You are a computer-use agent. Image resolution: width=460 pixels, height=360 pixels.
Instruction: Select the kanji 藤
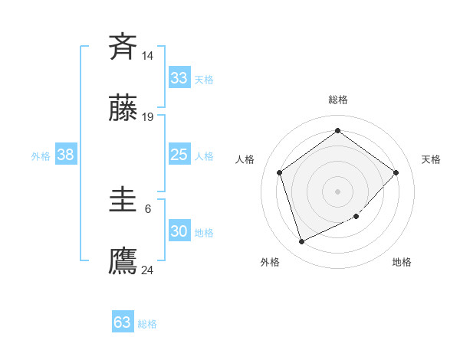click(x=123, y=110)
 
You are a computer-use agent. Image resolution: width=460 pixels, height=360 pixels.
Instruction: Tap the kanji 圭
click(x=123, y=201)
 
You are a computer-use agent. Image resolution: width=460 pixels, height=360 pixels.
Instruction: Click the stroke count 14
click(x=147, y=56)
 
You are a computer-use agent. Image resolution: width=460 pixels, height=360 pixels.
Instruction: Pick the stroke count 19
click(x=147, y=117)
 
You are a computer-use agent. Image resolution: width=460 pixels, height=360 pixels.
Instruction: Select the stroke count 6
click(x=147, y=208)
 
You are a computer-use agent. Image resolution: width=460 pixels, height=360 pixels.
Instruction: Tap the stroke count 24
click(x=147, y=270)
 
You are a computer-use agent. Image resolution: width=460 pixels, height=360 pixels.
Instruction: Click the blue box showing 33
click(x=179, y=78)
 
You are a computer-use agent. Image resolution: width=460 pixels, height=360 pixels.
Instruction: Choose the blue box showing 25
click(x=179, y=155)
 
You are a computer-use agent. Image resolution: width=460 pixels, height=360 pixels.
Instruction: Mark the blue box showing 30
click(x=179, y=231)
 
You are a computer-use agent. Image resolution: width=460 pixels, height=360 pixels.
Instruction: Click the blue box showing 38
click(x=66, y=155)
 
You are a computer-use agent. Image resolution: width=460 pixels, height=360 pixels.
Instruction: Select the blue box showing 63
click(x=123, y=322)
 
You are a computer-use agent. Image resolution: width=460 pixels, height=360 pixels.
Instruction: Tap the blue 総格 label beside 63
click(x=147, y=324)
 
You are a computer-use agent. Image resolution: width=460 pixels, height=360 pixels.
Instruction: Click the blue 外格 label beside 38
click(x=41, y=156)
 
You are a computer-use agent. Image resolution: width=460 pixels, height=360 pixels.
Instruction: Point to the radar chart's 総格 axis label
click(x=337, y=100)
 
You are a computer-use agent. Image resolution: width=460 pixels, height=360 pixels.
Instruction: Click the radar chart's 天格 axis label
click(x=431, y=159)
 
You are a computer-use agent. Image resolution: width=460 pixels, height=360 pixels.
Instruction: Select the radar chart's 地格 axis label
click(x=402, y=262)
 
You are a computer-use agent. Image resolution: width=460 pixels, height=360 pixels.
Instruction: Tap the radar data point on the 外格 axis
click(x=301, y=242)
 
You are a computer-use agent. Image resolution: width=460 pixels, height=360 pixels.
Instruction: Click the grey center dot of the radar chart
click(x=337, y=191)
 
